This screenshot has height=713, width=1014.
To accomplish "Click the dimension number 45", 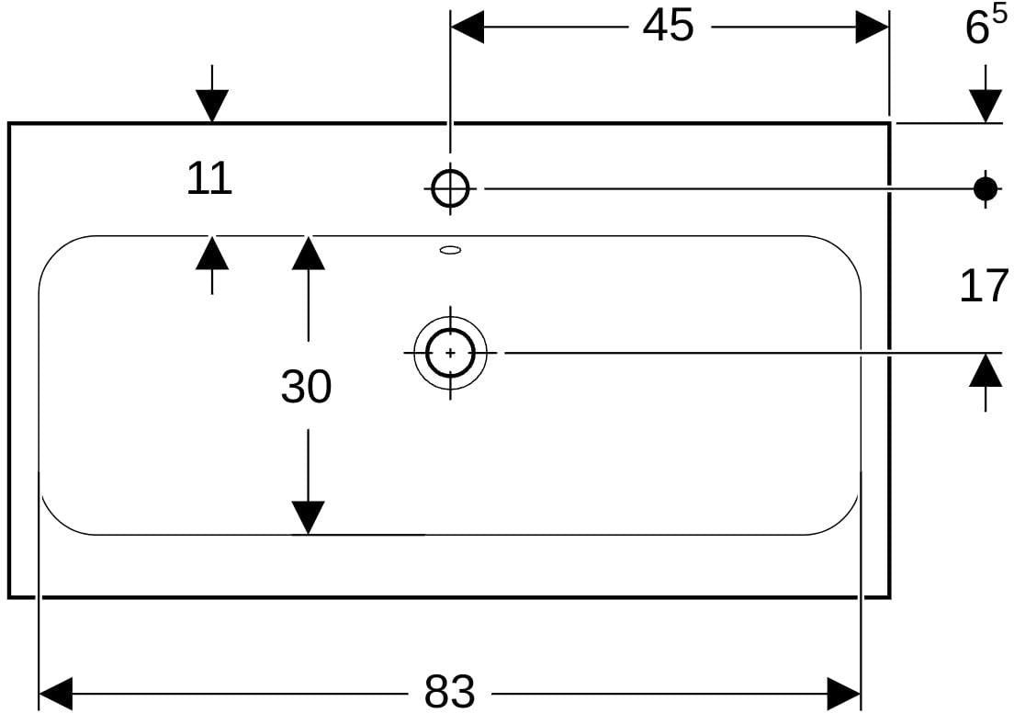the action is [668, 27].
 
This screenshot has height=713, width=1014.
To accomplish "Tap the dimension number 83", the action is [449, 692].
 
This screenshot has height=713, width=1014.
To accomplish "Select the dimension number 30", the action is [306, 387].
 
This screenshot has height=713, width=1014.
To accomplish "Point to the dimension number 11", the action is [208, 179].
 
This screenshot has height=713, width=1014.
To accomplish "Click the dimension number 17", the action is [984, 286].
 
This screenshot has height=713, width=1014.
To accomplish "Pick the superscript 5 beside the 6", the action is [999, 15].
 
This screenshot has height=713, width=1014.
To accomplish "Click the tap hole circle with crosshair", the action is [451, 188].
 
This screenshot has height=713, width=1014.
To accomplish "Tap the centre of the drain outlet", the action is [451, 353].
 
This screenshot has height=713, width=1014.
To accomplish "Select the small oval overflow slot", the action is [451, 249].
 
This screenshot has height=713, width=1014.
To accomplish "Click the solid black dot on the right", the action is [985, 189].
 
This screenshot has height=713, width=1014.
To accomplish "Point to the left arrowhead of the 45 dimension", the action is [467, 28].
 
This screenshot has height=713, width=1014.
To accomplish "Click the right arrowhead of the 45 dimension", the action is [872, 28].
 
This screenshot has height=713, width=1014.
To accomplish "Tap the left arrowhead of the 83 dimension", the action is [56, 694].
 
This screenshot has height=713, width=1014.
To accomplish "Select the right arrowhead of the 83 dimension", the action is [843, 694].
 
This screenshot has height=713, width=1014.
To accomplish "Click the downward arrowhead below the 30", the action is [308, 517].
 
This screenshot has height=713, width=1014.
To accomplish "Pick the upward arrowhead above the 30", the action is [308, 253].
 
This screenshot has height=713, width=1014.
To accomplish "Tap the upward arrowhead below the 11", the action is [212, 253].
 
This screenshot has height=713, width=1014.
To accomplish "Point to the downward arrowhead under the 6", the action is [986, 106].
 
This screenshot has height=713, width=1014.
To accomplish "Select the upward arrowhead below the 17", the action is [986, 370].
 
